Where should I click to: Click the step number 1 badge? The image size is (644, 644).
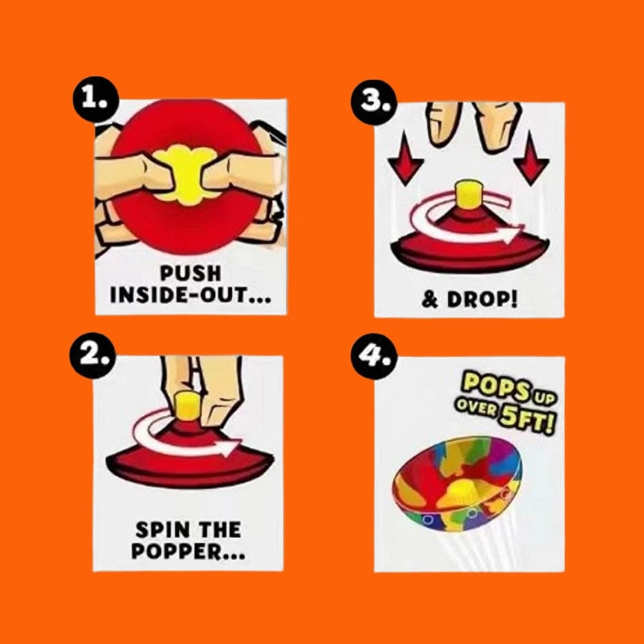(x=96, y=100)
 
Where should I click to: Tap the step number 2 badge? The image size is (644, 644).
(x=93, y=355)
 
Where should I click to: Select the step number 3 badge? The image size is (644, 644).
(x=374, y=102)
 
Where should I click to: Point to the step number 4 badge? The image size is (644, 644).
(x=374, y=355)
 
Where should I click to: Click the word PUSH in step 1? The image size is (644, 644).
(x=190, y=273)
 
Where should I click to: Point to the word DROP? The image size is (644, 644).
(x=482, y=300)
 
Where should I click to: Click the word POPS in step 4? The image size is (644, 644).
(x=496, y=387)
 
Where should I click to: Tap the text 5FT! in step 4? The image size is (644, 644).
(x=526, y=421)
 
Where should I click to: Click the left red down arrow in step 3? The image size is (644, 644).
(x=406, y=159)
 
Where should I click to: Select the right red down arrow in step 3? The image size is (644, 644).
(x=531, y=158)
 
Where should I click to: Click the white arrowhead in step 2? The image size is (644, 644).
(x=231, y=447)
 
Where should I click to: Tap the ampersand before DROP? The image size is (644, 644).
(x=430, y=300)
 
